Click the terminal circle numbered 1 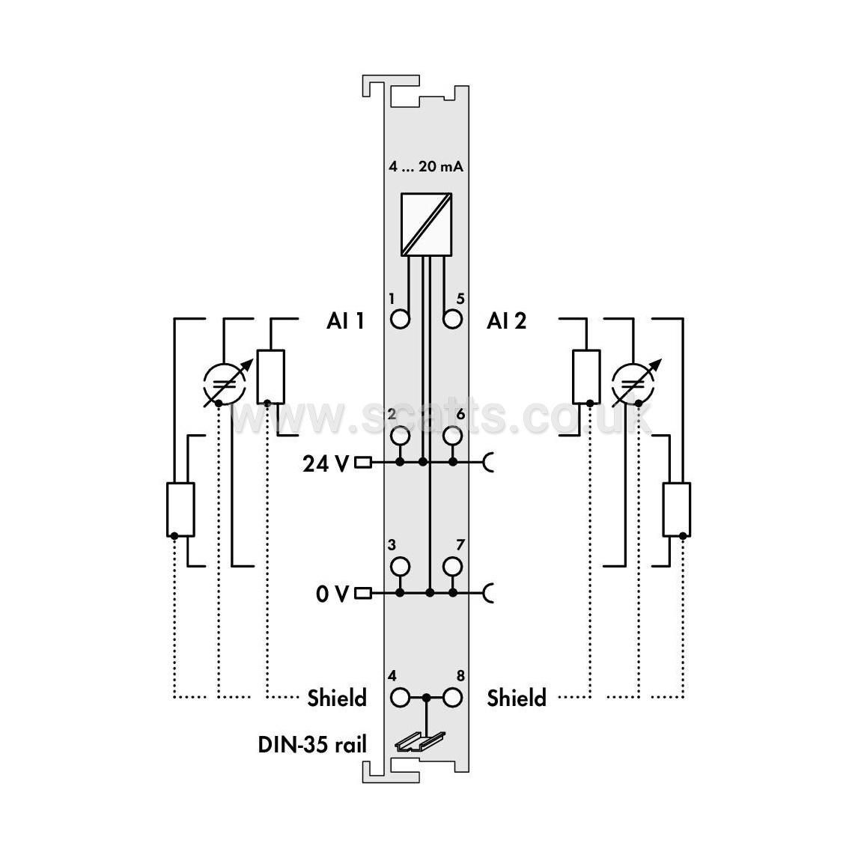(x=401, y=319)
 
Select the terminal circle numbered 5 (x=453, y=319)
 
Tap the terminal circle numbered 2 (x=401, y=436)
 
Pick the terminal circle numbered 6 (x=453, y=436)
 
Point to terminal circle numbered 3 (x=401, y=567)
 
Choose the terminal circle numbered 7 (x=453, y=567)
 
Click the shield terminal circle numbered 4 (x=401, y=698)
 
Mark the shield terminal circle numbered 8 (x=453, y=698)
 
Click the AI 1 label (x=345, y=320)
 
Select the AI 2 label (x=507, y=320)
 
